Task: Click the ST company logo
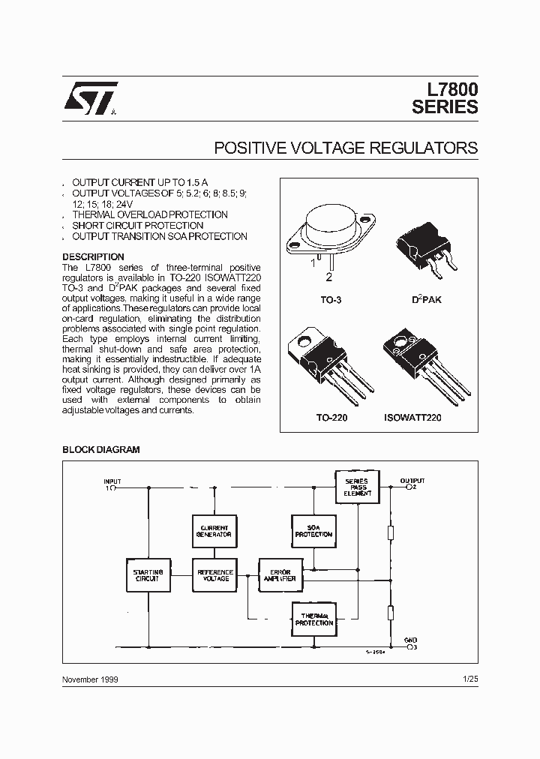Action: [x=90, y=98]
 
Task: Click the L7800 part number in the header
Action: [x=447, y=89]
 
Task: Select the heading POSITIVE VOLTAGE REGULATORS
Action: [x=346, y=148]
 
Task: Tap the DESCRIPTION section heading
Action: [x=93, y=257]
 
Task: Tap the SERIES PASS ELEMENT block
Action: [x=357, y=487]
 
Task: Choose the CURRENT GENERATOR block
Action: [x=214, y=531]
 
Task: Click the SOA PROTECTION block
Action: [x=312, y=531]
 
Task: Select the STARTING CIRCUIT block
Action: [x=147, y=575]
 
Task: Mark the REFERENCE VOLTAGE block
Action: [x=214, y=575]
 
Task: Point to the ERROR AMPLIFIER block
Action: [x=280, y=575]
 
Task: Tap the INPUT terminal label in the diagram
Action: [x=112, y=481]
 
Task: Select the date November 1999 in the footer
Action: [x=90, y=679]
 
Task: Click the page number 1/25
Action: [x=470, y=679]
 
